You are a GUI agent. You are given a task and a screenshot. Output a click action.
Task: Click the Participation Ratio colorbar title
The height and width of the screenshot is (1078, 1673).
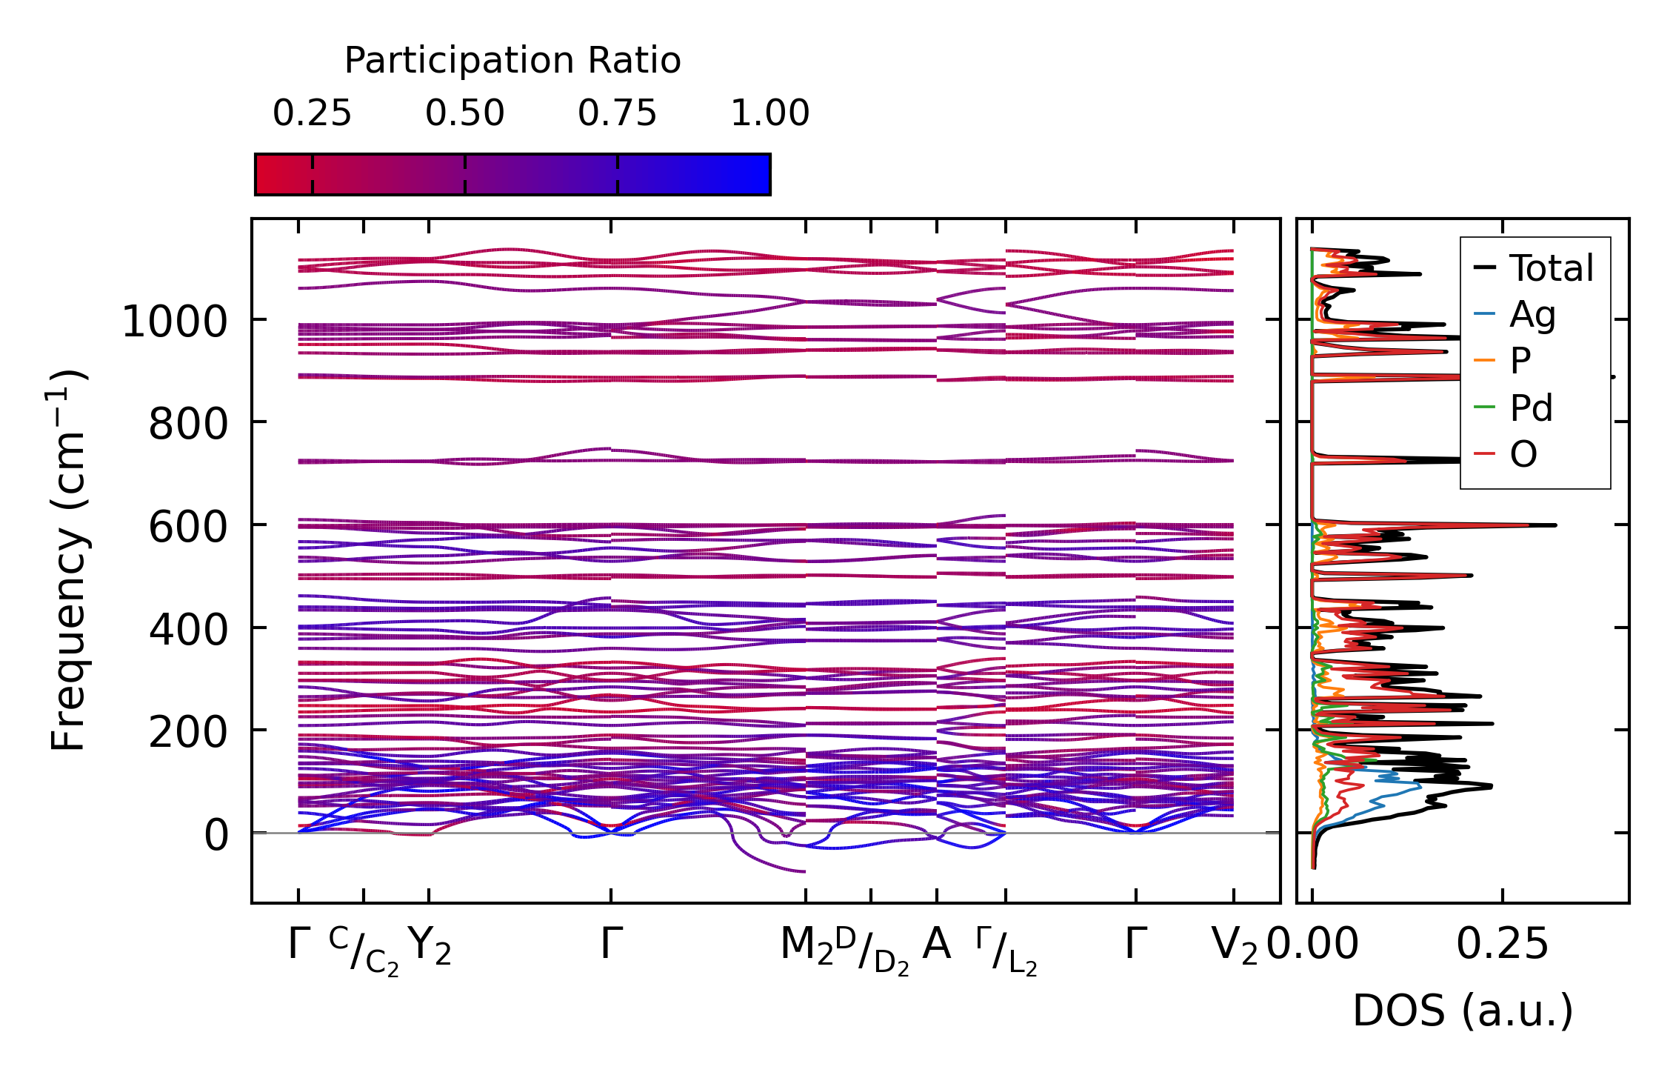tap(512, 61)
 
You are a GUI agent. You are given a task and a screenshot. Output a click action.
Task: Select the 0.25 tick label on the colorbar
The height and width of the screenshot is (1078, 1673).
tap(312, 113)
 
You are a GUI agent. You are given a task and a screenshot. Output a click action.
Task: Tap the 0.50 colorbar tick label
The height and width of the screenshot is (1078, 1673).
tap(464, 113)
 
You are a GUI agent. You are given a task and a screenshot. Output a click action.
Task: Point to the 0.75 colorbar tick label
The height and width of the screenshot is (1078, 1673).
tap(617, 113)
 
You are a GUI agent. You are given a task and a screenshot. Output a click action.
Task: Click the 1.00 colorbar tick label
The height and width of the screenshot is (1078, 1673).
tap(769, 113)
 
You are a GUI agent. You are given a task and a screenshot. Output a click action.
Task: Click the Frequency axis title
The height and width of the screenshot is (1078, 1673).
tap(68, 560)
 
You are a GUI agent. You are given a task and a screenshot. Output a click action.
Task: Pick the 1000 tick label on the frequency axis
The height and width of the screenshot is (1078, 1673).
tap(175, 322)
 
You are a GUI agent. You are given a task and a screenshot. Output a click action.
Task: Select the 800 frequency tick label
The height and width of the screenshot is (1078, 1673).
tap(188, 425)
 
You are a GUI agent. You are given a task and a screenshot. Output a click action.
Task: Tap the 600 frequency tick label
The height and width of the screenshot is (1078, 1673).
tap(188, 528)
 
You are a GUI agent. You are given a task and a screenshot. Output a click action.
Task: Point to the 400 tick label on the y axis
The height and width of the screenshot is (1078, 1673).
tap(188, 631)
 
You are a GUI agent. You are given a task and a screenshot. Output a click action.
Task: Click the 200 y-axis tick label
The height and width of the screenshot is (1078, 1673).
tap(188, 733)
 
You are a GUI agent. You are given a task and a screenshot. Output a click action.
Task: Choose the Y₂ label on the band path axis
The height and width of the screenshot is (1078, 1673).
tap(429, 946)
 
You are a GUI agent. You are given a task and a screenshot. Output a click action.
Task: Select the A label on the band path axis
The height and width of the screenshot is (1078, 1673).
tap(936, 945)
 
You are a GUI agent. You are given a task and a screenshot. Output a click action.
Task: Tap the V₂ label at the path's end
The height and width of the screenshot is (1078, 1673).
tap(1234, 946)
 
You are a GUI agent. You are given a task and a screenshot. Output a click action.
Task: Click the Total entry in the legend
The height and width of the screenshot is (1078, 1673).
tap(1551, 268)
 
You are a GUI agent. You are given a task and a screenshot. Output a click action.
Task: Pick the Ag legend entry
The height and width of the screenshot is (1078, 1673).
tap(1532, 315)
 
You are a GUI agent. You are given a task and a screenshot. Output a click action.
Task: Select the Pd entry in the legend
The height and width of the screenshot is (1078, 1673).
tap(1531, 408)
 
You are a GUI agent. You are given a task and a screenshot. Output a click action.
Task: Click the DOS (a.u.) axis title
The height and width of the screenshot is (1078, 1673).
tap(1463, 1011)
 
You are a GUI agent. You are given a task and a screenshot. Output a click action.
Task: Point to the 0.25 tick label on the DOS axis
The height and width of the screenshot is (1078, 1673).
tap(1502, 945)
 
